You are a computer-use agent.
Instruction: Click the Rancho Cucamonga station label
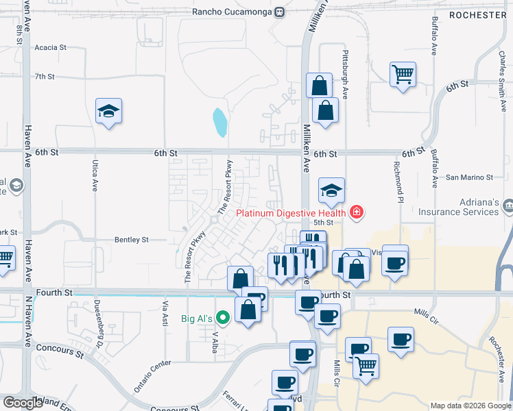coord(231,12)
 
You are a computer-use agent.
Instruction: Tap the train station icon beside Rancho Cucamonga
coord(280,12)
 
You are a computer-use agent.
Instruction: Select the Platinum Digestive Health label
coord(291,212)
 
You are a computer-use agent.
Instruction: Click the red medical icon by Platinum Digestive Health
coord(355,213)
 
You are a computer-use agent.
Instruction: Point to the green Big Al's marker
coord(222,318)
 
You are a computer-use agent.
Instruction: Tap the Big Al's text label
coord(197,318)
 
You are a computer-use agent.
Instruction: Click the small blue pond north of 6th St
coord(219,123)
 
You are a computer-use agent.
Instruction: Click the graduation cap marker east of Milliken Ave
coord(331,190)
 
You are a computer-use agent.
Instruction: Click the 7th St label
coord(44,76)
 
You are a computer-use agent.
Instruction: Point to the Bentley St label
coord(131,240)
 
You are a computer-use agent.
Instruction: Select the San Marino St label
coord(469,177)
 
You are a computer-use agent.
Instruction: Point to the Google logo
coord(22,403)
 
